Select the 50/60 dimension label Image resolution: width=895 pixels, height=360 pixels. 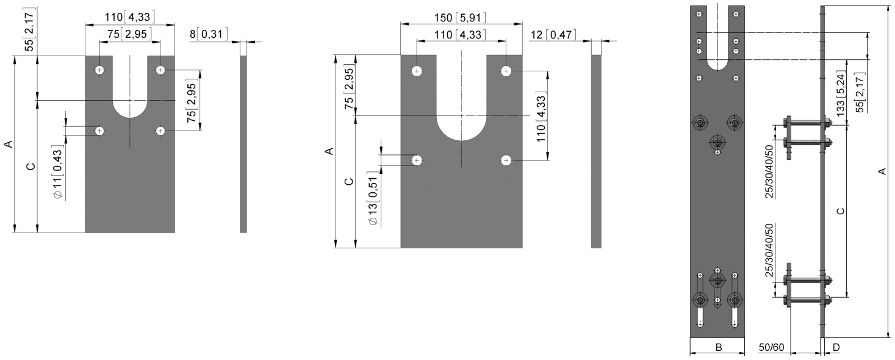[x=772, y=347]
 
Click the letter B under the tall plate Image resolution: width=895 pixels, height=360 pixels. [x=719, y=347]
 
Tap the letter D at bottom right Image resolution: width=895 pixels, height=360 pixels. [x=836, y=347]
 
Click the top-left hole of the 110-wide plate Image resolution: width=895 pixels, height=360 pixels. [x=99, y=70]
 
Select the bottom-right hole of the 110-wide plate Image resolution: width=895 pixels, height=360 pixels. [x=160, y=131]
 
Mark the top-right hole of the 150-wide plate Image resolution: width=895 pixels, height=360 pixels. [x=506, y=71]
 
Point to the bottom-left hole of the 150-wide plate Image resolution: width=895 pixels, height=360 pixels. [x=417, y=160]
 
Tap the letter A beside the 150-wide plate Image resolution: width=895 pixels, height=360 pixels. [x=328, y=151]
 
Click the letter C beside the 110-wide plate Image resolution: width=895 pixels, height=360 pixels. [x=31, y=166]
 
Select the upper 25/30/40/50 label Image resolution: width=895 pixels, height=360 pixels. [x=769, y=171]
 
